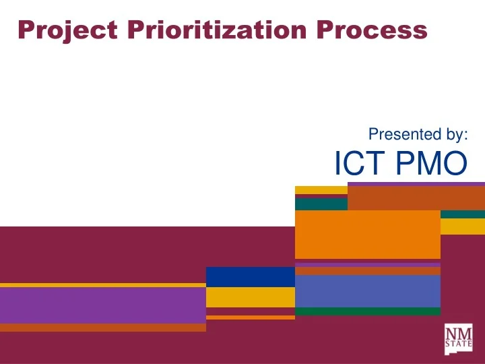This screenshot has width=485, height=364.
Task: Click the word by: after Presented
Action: point(451,135)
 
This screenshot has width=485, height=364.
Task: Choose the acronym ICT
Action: point(356,164)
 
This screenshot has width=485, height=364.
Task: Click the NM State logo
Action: point(458,338)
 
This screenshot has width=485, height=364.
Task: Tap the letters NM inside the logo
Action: point(458,332)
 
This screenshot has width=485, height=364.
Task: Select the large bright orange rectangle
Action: point(367,234)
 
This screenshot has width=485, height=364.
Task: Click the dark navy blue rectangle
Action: point(250,276)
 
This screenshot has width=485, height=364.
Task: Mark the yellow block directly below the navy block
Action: point(250,297)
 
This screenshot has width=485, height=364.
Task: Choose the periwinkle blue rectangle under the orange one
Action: point(367,291)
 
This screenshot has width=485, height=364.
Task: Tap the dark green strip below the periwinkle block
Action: point(367,311)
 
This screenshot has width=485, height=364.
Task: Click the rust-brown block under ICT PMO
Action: point(416,198)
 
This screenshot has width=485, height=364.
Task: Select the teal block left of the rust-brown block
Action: point(321,204)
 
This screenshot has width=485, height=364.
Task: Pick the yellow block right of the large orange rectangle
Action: point(462,226)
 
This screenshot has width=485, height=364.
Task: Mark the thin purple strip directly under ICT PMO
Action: point(416,183)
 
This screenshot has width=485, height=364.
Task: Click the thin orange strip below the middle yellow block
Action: point(250,317)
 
